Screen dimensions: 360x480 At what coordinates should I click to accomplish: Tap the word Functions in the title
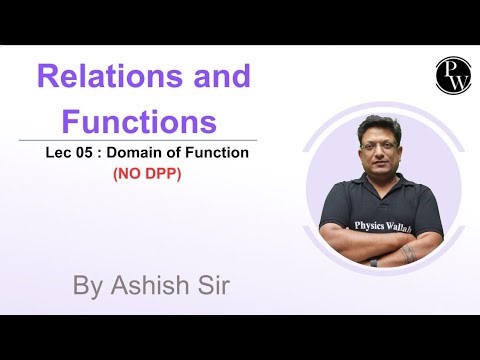coord(139,122)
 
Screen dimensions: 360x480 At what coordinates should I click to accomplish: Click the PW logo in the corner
coord(452,75)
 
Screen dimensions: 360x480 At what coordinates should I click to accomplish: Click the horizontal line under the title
coord(150,140)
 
